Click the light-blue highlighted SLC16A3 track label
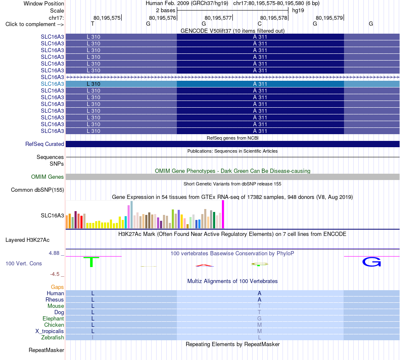(52, 84)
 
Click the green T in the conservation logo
(91, 262)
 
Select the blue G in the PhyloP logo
(372, 262)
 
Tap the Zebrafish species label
(53, 337)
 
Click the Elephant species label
(53, 318)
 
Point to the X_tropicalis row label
(50, 331)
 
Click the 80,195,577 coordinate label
(218, 18)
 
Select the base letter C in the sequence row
(259, 24)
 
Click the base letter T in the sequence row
(93, 24)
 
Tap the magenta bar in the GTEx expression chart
(223, 214)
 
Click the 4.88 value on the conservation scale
(54, 253)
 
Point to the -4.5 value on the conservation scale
(55, 274)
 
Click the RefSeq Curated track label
(45, 144)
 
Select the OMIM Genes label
(48, 177)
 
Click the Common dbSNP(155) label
(37, 190)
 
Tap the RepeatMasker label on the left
(46, 350)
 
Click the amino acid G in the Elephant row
(259, 318)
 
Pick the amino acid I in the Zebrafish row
(93, 337)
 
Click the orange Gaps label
(57, 287)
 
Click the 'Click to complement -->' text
(35, 24)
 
